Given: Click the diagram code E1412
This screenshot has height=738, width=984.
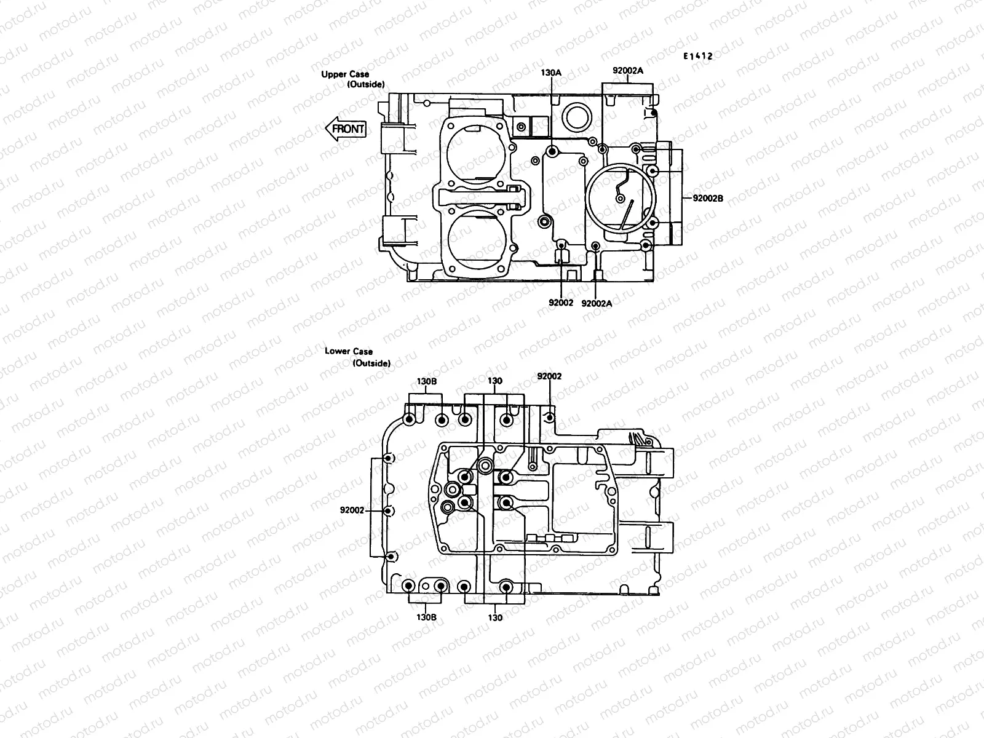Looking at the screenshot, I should [697, 56].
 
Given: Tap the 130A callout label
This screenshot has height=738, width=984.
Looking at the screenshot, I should [550, 73].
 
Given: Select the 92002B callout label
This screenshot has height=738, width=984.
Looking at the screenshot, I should [708, 199].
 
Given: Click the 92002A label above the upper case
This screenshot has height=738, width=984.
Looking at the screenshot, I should [627, 71].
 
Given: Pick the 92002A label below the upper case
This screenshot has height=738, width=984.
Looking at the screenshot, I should [596, 303].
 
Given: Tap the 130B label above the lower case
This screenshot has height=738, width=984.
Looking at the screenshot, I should [427, 381].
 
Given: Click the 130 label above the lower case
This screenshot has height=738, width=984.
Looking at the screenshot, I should [494, 381].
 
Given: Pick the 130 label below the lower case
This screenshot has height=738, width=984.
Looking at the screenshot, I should [495, 617].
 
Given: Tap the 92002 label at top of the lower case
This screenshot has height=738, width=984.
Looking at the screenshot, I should [549, 376].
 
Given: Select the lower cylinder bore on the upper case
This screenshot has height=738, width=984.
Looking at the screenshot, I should [478, 238].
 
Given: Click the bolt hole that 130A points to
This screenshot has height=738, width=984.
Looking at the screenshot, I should [552, 151].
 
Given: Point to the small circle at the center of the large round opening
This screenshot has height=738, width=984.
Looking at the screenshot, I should [621, 199].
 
